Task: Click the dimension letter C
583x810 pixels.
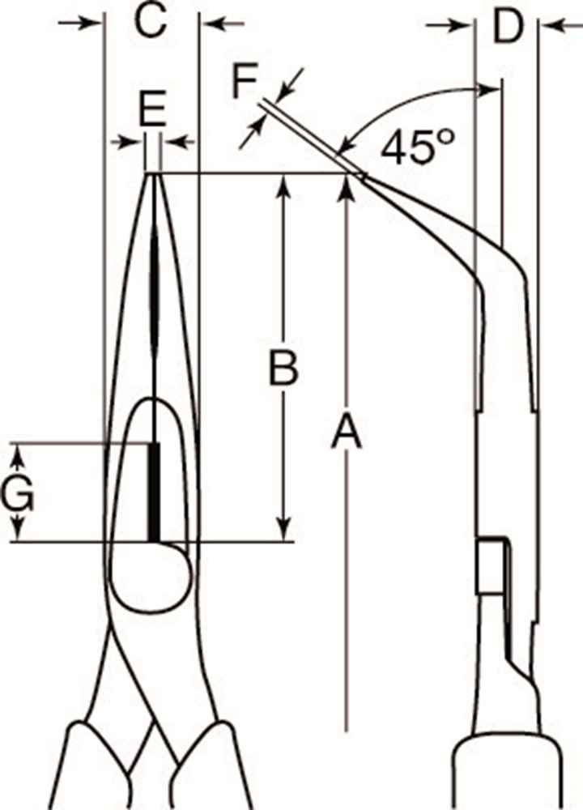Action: (151, 21)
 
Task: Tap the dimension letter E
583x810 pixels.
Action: (152, 109)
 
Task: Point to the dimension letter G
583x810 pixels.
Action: (17, 494)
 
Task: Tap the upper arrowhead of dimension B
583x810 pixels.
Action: (283, 185)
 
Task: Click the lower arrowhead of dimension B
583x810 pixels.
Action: (283, 531)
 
